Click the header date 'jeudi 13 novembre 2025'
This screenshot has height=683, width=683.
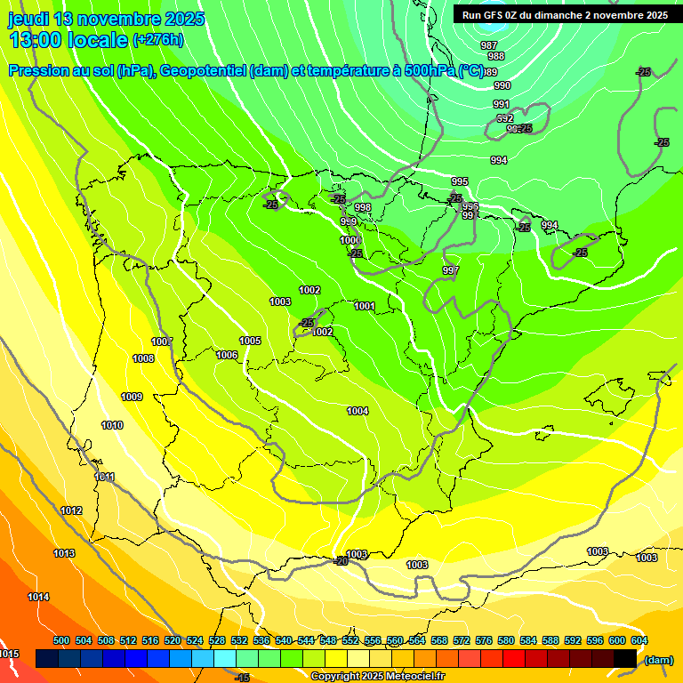point(107,19)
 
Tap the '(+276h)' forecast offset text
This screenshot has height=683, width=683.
point(158,39)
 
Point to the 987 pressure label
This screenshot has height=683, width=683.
point(488,45)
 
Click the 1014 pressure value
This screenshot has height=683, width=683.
point(38,597)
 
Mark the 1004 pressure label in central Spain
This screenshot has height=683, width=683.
point(358,411)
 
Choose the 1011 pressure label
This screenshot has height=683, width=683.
point(105,477)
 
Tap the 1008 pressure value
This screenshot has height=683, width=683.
point(143,358)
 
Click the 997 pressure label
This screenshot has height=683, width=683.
point(451,270)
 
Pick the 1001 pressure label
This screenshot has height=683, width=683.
point(365,306)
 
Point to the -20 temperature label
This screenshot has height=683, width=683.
point(340,561)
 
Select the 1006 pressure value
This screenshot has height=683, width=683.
point(227,355)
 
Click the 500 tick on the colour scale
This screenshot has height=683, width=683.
point(61,640)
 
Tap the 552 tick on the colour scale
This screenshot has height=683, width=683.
point(350,640)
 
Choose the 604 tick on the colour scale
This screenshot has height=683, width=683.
point(639,640)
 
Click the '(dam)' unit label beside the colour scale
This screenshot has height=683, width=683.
point(658,659)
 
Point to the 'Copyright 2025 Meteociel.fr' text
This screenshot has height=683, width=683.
point(378,677)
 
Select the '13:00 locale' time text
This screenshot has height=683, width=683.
point(68,40)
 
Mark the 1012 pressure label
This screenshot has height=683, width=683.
point(71,510)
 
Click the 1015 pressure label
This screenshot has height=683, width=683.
point(9,654)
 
